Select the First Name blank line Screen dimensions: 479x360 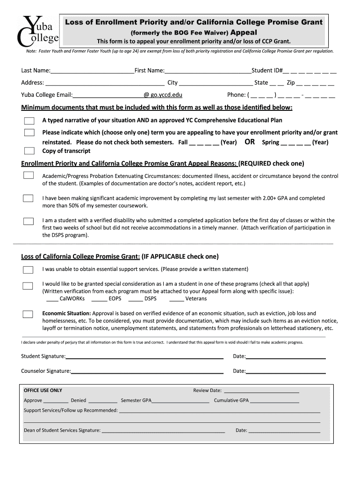click(x=208, y=71)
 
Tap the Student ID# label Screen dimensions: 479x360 click(x=267, y=71)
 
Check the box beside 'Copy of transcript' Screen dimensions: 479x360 click(x=29, y=151)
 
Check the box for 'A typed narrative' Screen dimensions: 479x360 click(x=29, y=121)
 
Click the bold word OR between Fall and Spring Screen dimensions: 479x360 click(x=250, y=142)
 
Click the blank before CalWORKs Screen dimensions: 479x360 click(x=52, y=299)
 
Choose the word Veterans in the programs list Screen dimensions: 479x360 click(x=196, y=299)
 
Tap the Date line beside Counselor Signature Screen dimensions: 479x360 click(x=285, y=372)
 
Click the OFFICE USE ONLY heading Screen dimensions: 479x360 click(x=43, y=391)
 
